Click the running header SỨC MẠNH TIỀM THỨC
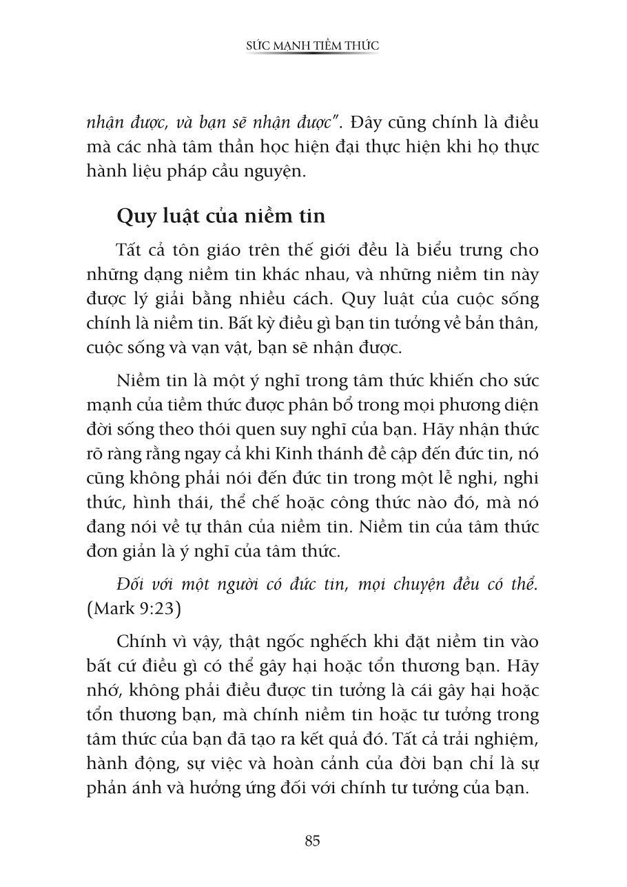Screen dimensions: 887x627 [313, 46]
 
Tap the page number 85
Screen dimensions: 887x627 [312, 841]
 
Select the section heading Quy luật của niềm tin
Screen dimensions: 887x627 [220, 215]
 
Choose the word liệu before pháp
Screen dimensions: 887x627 [148, 172]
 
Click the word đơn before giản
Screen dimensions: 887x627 [103, 551]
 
